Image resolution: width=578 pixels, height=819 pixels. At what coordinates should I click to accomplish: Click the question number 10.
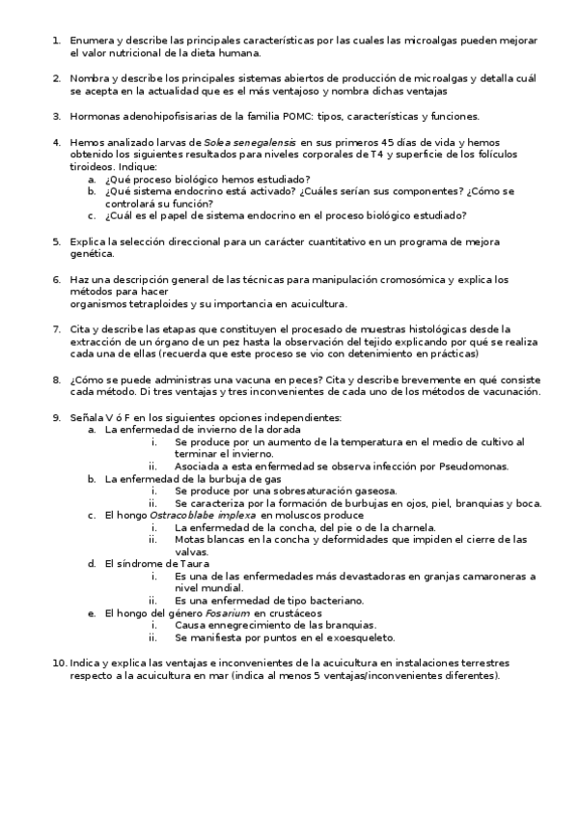58,664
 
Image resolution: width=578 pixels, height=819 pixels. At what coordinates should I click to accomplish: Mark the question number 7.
56,329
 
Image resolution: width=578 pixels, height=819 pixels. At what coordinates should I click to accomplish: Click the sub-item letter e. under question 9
92,612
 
